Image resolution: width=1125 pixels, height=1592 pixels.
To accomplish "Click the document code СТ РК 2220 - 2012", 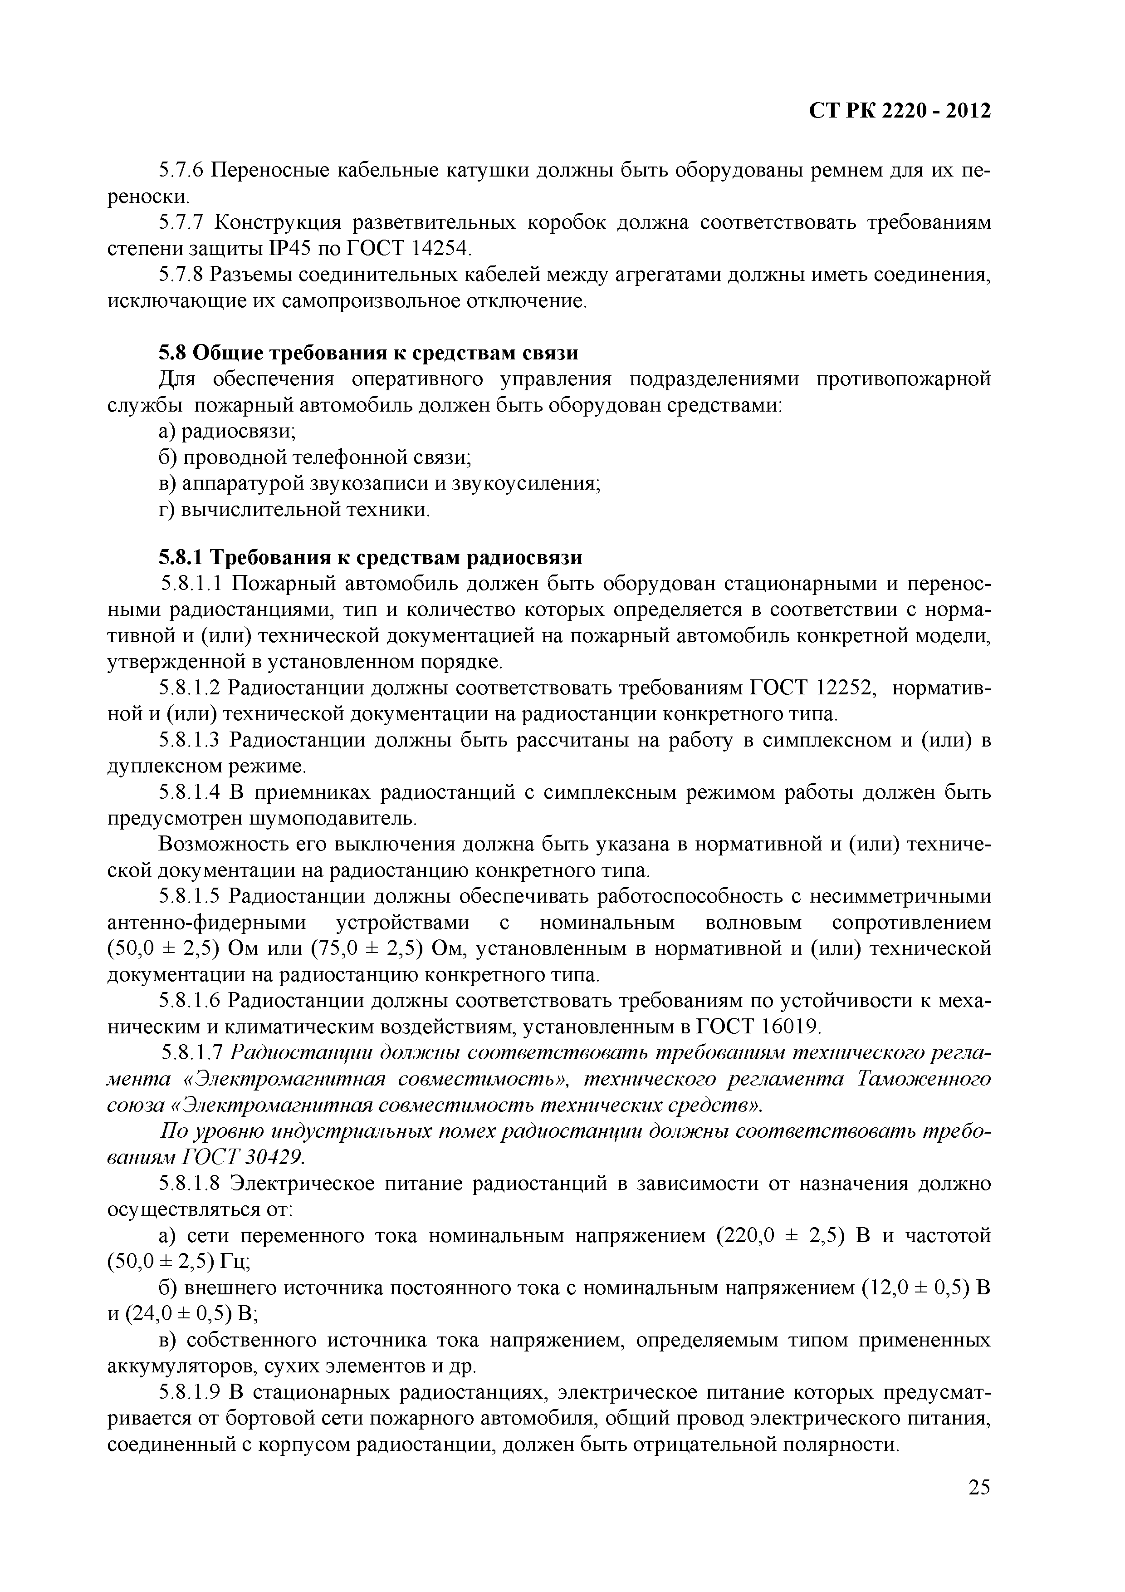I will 900,111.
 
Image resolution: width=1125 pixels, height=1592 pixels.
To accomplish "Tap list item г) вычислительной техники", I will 294,510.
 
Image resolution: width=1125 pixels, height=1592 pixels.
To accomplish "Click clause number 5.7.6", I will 182,170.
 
